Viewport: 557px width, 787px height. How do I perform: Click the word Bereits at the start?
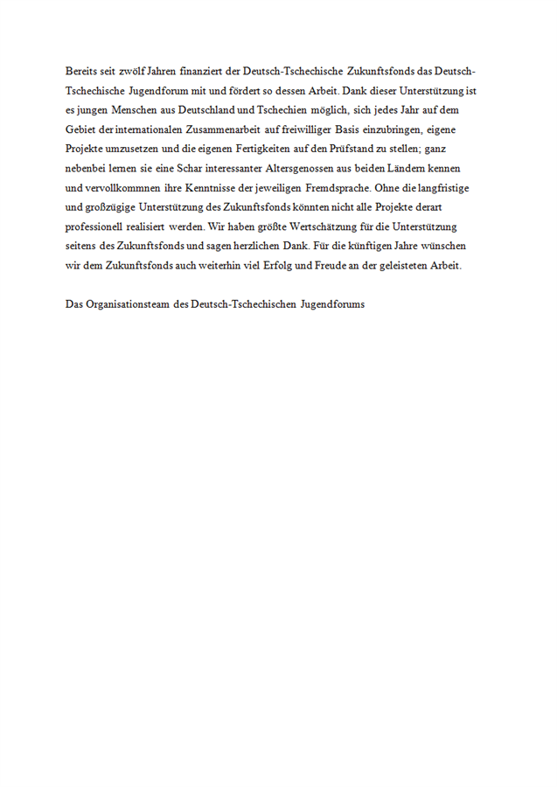click(81, 71)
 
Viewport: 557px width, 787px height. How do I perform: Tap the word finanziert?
click(202, 71)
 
